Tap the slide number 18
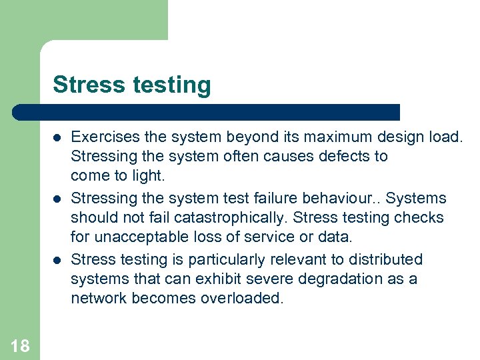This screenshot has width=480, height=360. [x=20, y=345]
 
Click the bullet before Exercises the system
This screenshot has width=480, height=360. [x=57, y=138]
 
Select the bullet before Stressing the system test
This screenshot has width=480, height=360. [x=57, y=199]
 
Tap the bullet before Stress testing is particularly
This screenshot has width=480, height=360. [x=57, y=259]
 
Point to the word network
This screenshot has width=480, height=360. [x=99, y=298]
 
